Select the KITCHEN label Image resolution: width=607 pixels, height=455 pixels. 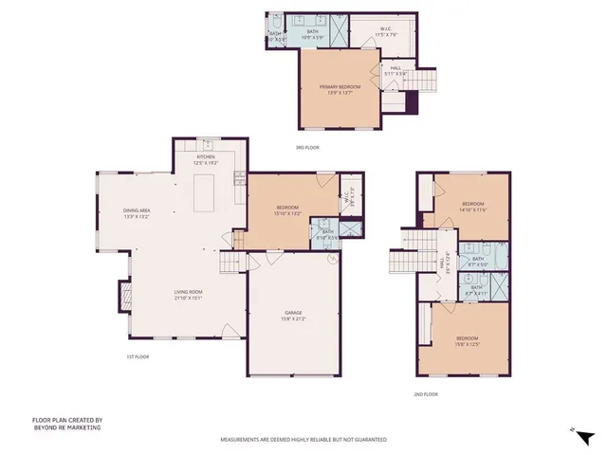tap(206, 158)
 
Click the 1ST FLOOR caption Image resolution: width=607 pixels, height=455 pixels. tap(138, 356)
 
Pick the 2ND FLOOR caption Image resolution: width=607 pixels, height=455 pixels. tap(426, 393)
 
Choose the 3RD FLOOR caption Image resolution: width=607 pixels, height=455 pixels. tap(306, 147)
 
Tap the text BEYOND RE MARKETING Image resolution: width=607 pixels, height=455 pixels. tap(66, 428)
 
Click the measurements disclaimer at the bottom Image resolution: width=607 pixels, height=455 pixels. tap(303, 440)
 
